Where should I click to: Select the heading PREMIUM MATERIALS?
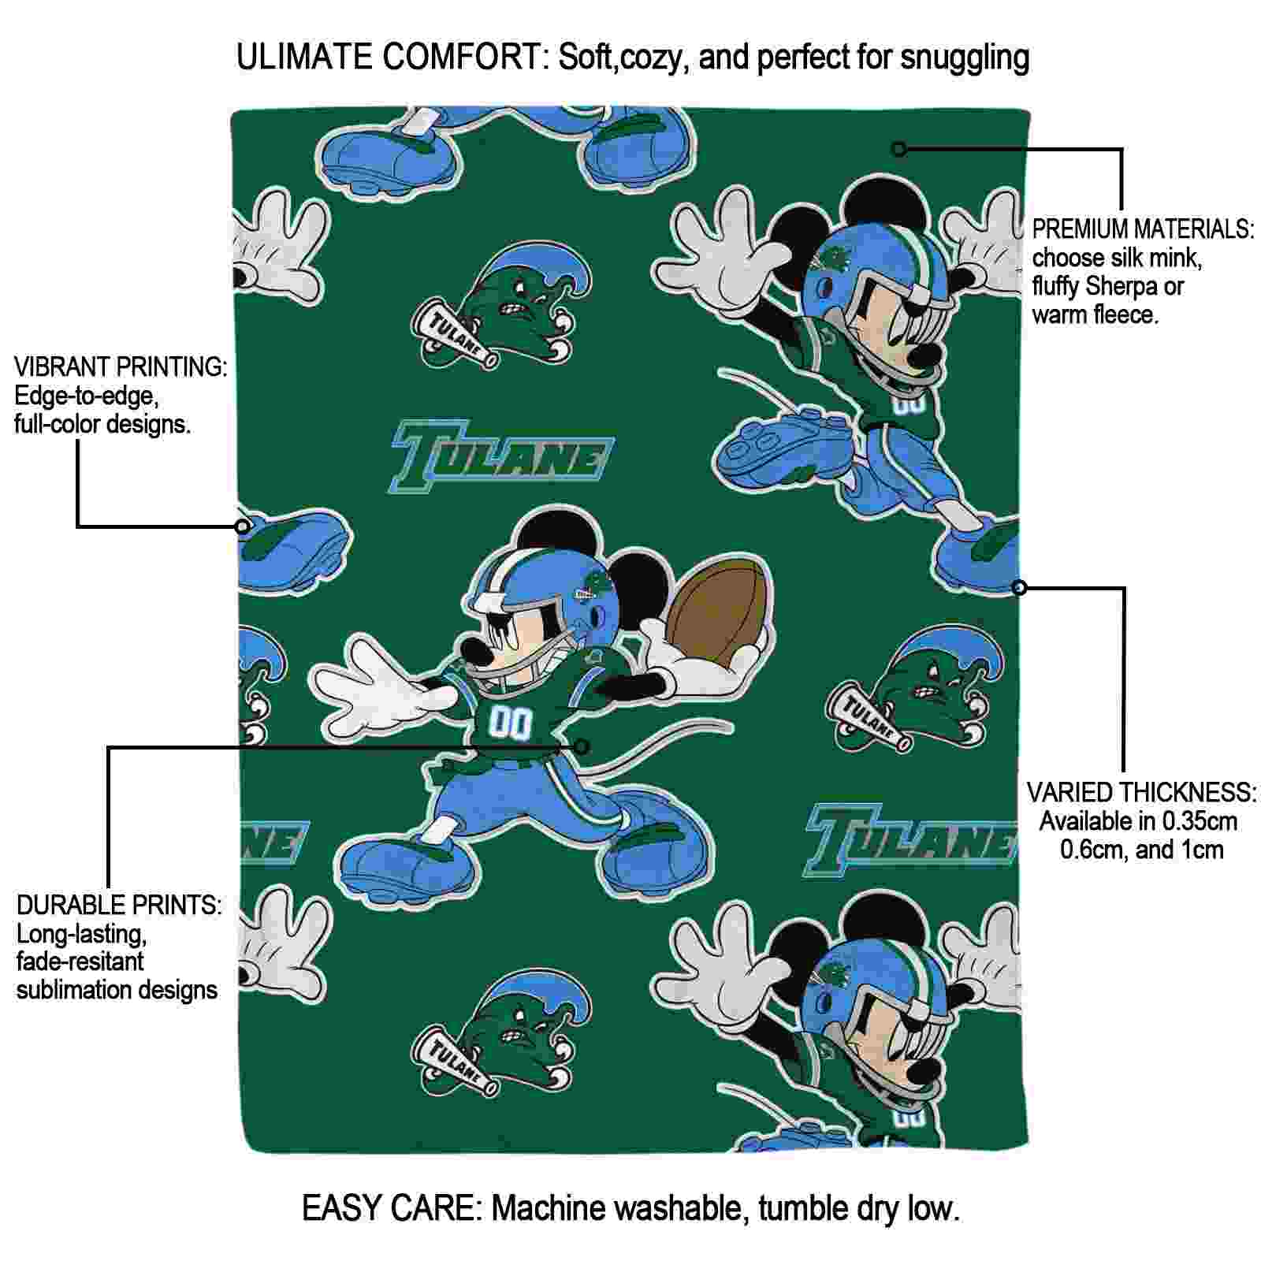[1143, 229]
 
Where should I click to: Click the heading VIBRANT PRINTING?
[121, 366]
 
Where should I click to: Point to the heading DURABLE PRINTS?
[119, 905]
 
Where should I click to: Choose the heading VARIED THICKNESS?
[1141, 792]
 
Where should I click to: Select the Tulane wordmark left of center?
[503, 457]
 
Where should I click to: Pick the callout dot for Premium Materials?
[899, 148]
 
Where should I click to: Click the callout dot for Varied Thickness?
[1019, 587]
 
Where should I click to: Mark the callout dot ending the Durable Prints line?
[582, 746]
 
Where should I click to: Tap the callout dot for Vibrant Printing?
[244, 526]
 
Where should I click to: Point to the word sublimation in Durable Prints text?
[66, 990]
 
